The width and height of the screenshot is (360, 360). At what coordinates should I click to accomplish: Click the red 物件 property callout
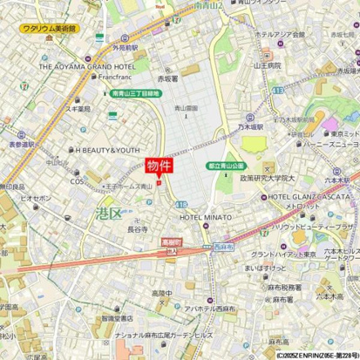(157, 166)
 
